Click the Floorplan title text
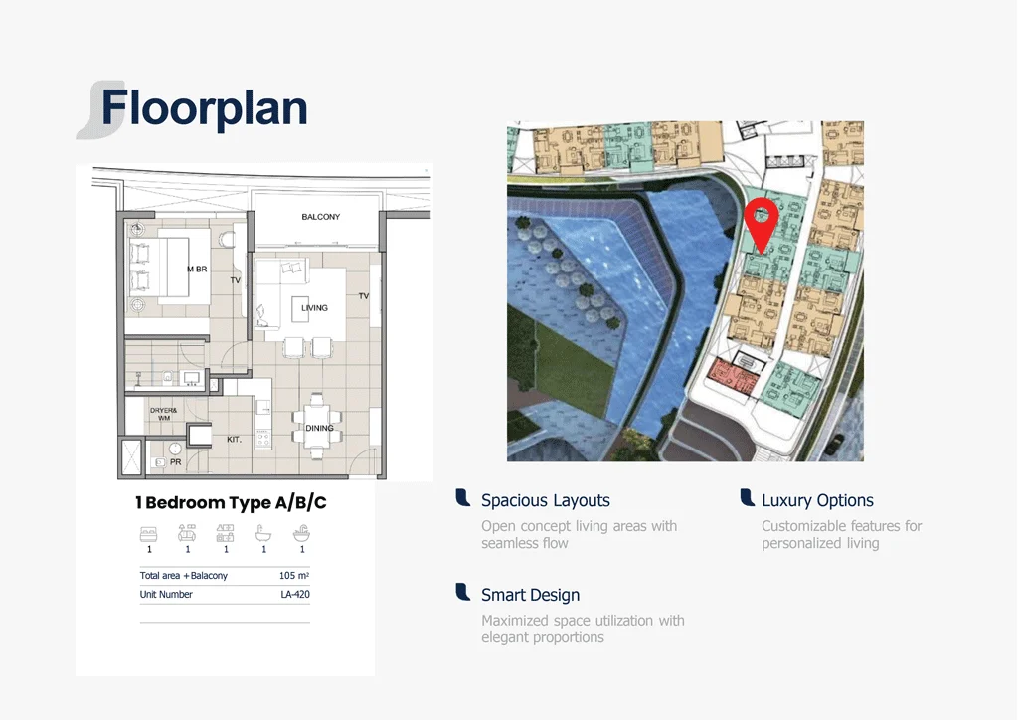coord(204,108)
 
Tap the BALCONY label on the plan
coord(321,217)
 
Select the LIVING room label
coord(314,308)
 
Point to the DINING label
coord(319,428)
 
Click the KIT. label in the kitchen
coord(234,440)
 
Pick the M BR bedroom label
coord(198,269)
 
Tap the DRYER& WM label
coord(164,415)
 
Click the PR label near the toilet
coord(175,462)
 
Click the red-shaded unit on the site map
coord(733,375)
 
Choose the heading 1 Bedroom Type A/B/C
coord(231,502)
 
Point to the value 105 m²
coord(294,575)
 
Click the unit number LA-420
coord(294,594)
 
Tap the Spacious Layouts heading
coord(546,500)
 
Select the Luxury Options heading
coord(817,500)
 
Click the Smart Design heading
coord(531,595)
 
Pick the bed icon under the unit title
coord(149,534)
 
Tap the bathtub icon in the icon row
coord(263,534)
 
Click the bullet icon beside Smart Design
coord(463,592)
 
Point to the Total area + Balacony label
coord(184,575)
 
